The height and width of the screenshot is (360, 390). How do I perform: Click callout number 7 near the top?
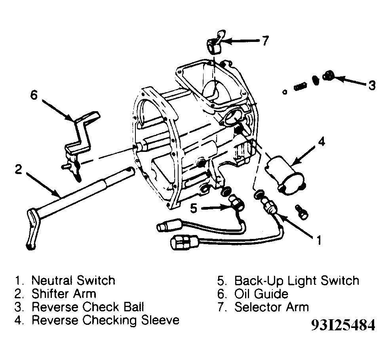[x=265, y=40]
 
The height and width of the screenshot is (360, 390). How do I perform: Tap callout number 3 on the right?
[x=372, y=85]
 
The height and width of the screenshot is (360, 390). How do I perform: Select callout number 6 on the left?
[x=34, y=95]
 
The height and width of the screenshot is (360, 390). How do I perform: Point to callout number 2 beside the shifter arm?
[x=18, y=169]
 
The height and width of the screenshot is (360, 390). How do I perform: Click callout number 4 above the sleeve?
[x=322, y=142]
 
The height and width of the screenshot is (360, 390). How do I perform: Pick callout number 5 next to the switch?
[x=194, y=208]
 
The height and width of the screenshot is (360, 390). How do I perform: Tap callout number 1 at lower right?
[x=319, y=240]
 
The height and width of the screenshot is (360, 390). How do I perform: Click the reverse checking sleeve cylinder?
[x=285, y=174]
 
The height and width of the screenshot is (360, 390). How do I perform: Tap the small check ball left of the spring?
[x=285, y=92]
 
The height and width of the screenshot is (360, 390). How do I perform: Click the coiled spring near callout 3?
[x=300, y=87]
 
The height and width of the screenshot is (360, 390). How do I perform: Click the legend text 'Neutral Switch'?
[x=73, y=280]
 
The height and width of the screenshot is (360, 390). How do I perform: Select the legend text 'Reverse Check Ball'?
[x=88, y=307]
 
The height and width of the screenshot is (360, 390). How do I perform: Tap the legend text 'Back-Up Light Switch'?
[x=297, y=281]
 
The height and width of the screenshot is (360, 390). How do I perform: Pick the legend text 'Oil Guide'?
[x=261, y=294]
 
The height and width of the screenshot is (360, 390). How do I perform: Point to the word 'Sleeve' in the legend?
[x=160, y=320]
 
